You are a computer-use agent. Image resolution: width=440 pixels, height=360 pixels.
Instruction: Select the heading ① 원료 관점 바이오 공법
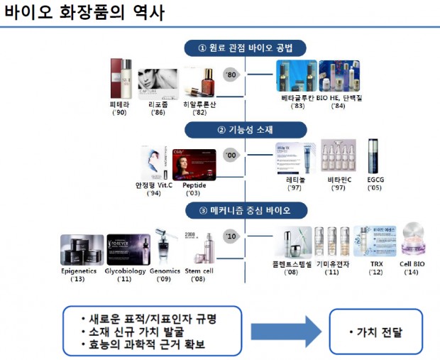click(x=245, y=48)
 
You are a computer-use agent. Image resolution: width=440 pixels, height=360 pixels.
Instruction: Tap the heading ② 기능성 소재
click(x=245, y=129)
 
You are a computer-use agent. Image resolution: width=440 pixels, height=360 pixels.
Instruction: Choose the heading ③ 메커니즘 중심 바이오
click(x=245, y=210)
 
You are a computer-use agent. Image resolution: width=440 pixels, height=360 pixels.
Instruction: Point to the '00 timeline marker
click(x=230, y=153)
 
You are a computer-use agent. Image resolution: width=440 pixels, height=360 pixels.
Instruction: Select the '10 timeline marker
click(x=230, y=236)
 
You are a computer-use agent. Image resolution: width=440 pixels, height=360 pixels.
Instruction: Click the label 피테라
click(x=117, y=104)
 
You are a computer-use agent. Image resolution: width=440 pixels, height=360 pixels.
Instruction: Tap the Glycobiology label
click(x=127, y=271)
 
